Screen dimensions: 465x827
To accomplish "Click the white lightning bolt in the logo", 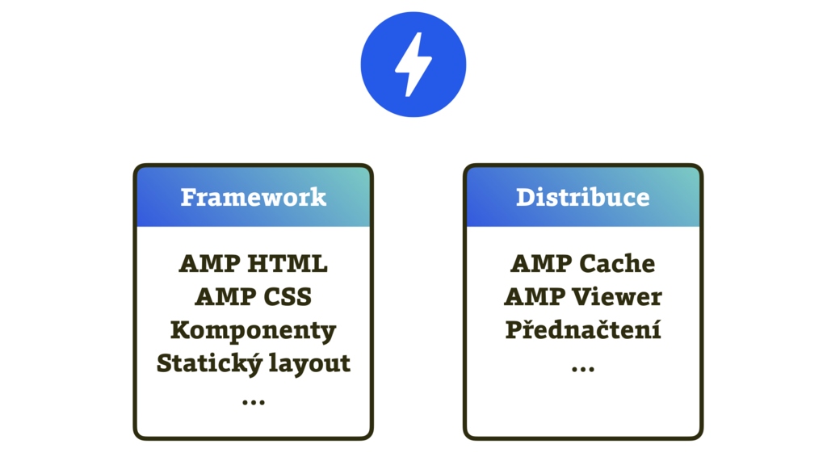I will (413, 65).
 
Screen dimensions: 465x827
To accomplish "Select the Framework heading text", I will (253, 197).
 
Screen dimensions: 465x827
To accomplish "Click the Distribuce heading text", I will (582, 197).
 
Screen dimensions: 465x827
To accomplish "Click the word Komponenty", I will (253, 330).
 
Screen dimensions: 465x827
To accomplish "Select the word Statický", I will (206, 363).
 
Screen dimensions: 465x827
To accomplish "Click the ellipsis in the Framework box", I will (253, 400).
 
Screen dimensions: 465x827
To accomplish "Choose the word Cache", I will (619, 264).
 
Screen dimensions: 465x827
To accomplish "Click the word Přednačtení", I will (583, 330).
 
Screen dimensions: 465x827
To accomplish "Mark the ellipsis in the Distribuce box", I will (583, 368).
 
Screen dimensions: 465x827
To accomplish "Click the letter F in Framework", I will (187, 197).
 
